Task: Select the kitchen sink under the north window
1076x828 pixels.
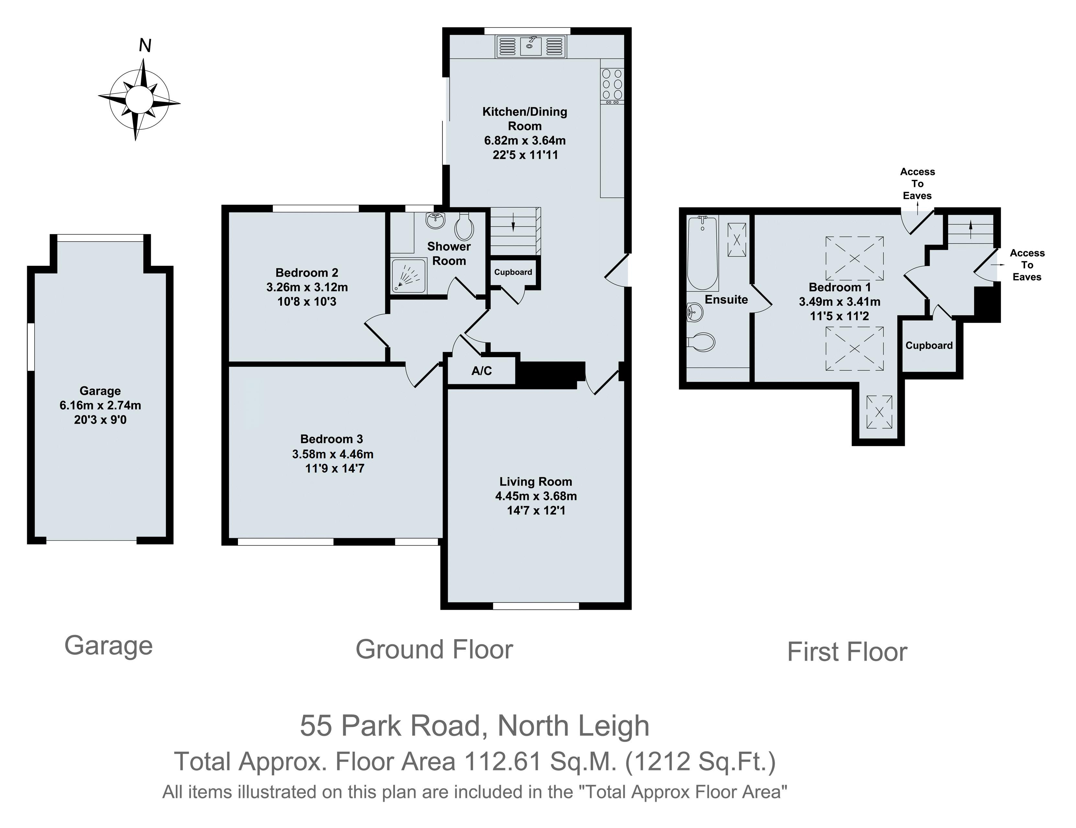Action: [531, 46]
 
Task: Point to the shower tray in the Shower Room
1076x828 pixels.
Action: [409, 276]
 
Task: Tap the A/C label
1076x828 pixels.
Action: [481, 371]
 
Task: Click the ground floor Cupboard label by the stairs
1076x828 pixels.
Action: [513, 272]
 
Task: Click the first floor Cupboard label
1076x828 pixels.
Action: [929, 345]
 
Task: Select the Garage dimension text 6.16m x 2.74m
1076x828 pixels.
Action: [100, 406]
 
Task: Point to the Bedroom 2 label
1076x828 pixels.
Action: [307, 273]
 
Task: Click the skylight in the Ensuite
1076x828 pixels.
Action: [736, 240]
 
